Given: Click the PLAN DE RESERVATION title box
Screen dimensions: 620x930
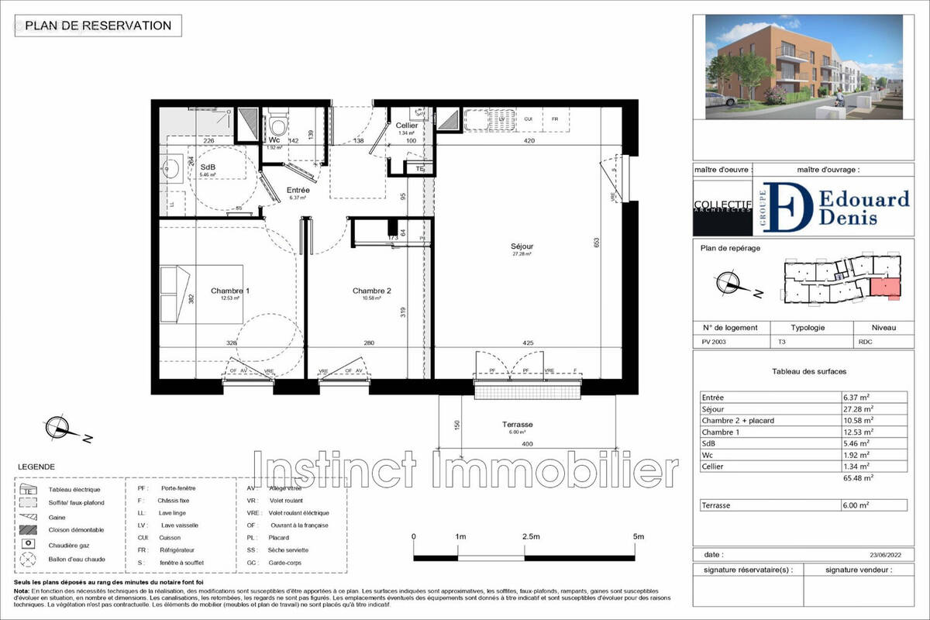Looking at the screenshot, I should coord(98,26).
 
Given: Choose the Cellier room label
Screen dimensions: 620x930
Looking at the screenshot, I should coord(407,126).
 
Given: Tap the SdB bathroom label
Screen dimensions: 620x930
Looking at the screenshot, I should coord(208,168).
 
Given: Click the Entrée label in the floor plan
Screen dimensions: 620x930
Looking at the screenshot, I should coord(298,191).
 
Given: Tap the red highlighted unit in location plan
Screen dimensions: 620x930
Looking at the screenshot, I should coord(885,288).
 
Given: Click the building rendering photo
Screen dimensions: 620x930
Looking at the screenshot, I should coord(804,67).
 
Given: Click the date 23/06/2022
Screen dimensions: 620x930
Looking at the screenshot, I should coord(886,555).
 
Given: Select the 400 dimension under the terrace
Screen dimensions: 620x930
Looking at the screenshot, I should coord(527,443).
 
